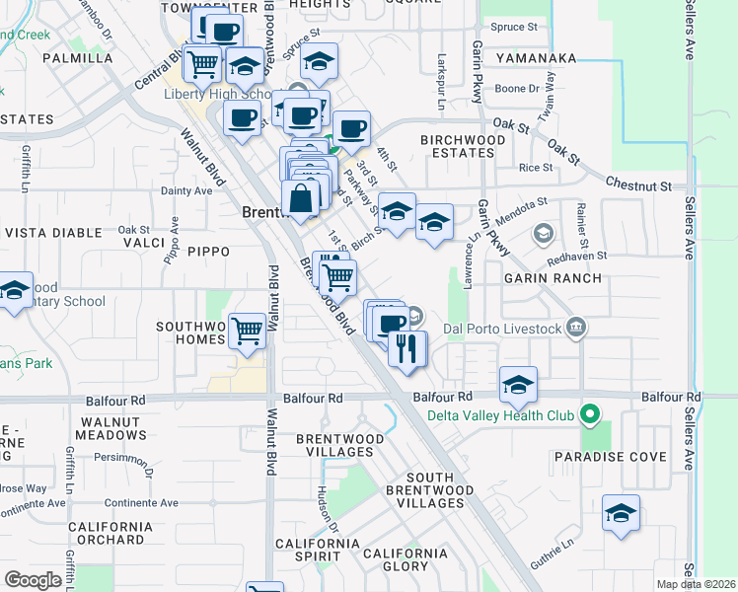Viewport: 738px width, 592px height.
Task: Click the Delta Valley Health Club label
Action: (499, 414)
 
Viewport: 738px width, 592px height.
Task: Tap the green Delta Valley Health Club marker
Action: (590, 414)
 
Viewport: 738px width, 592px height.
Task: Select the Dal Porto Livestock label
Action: (502, 329)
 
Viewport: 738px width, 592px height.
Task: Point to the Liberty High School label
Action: (218, 95)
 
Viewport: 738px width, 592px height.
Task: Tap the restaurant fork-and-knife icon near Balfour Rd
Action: (407, 348)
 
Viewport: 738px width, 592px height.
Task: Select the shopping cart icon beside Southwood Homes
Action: (247, 331)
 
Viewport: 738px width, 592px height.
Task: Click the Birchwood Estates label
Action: (463, 147)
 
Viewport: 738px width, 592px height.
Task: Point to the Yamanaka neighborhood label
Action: (536, 58)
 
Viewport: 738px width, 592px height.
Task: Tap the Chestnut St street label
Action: (638, 185)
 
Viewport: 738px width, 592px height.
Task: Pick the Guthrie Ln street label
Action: (554, 546)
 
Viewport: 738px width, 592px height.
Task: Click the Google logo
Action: (33, 580)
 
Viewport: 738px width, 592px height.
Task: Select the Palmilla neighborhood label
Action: (79, 58)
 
